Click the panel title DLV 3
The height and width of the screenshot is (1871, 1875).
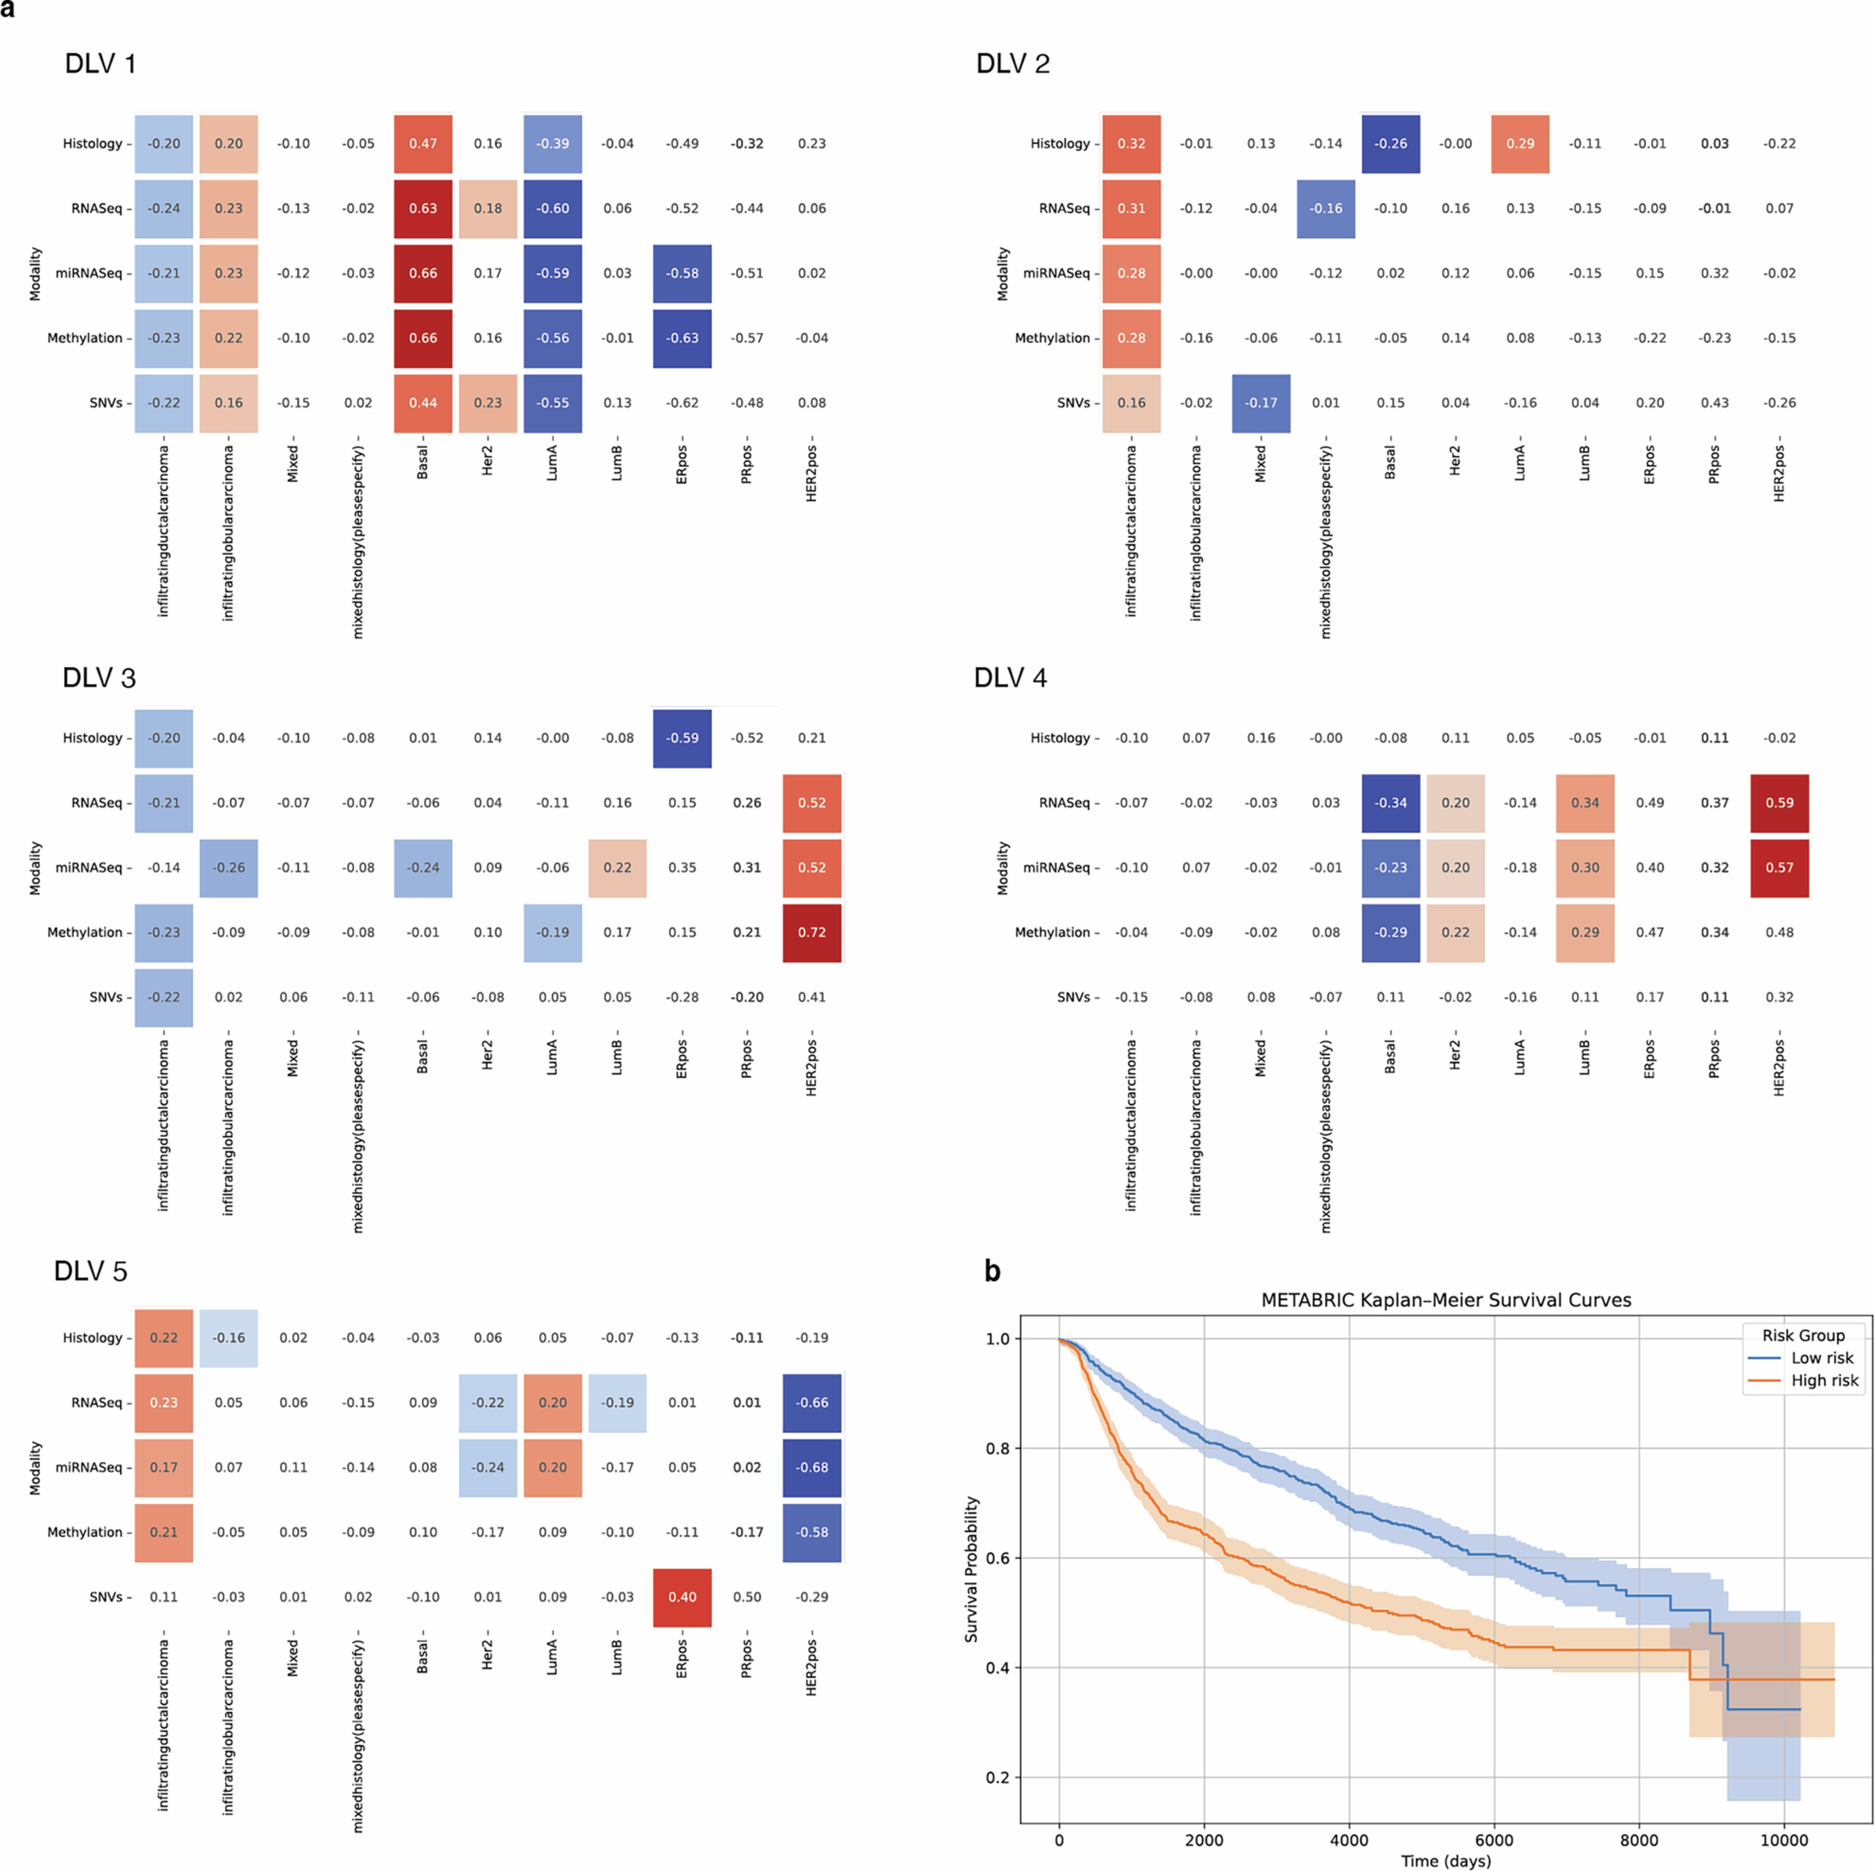pos(99,677)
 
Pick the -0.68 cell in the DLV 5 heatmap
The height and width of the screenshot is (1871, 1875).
pos(811,1467)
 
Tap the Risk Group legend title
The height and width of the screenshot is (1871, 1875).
pos(1803,1335)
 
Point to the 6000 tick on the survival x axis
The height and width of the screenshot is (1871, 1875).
pos(1493,1840)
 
